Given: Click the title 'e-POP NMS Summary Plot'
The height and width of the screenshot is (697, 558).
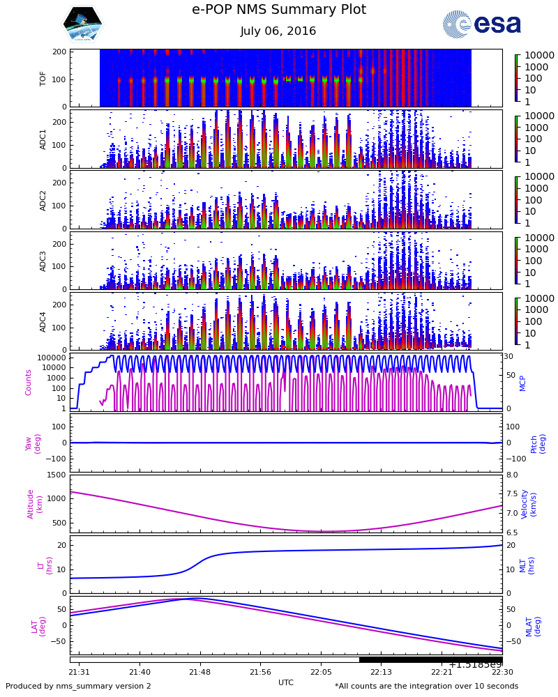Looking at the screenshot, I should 278,10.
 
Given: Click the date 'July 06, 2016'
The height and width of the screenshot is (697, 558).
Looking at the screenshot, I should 278,31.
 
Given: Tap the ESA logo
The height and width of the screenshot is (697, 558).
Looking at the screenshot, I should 482,24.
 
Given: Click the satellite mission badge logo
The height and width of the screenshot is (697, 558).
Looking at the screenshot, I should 82,24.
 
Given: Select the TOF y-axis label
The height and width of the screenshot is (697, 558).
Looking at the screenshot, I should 43,78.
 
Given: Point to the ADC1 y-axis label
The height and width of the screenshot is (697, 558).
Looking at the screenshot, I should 43,139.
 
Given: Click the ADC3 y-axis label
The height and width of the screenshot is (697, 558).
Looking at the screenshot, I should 43,260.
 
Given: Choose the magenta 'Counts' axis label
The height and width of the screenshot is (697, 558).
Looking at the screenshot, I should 29,382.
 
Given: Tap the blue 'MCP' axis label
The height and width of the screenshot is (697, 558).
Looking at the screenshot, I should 522,382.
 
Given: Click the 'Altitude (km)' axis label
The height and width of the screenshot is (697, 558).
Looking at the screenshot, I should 35,503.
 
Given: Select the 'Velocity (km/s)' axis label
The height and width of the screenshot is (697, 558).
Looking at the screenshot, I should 529,503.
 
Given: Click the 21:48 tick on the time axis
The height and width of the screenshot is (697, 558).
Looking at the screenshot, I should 200,672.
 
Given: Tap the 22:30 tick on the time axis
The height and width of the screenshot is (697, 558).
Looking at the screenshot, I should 502,672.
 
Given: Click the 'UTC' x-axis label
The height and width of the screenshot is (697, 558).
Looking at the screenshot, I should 286,682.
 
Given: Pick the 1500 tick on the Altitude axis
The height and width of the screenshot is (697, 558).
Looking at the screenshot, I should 57,475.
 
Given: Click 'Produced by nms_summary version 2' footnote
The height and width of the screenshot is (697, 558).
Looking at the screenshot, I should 78,687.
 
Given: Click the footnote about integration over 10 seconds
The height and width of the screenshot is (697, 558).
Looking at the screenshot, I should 426,687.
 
